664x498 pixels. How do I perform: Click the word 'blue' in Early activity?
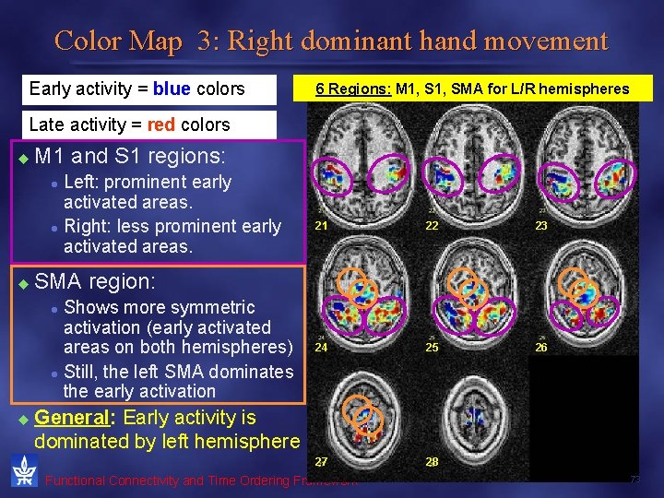(x=172, y=89)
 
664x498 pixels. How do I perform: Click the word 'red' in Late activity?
(x=162, y=125)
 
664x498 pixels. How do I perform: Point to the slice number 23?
(x=542, y=225)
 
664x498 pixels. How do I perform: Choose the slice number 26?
(x=542, y=349)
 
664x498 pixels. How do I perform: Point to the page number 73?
(x=634, y=480)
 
